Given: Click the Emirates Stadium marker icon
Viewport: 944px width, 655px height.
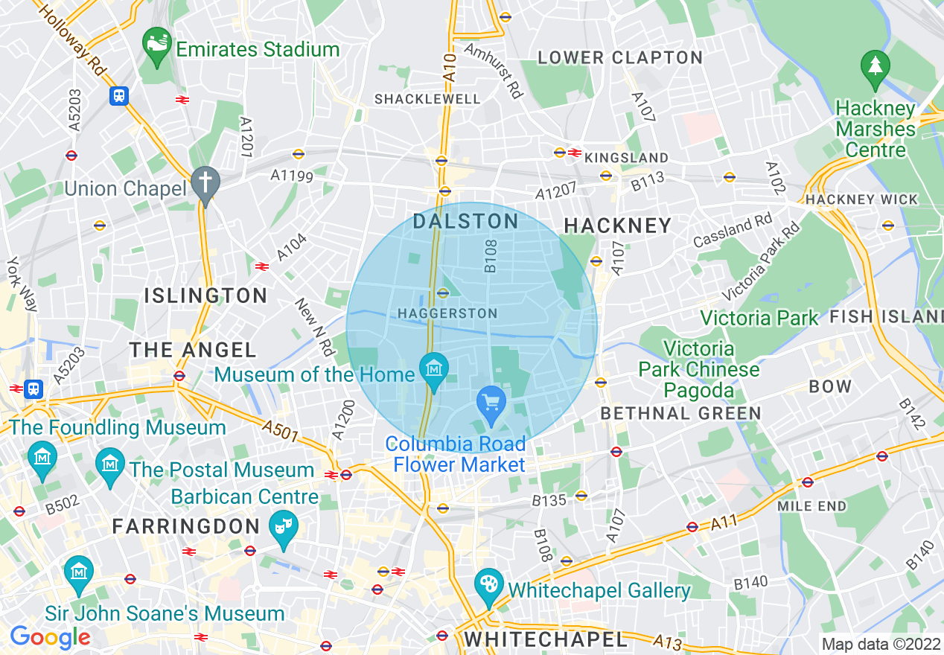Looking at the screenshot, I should pyautogui.click(x=157, y=42).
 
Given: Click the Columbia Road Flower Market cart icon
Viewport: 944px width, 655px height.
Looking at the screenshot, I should pyautogui.click(x=491, y=403).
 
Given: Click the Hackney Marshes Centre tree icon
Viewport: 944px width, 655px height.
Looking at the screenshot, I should pyautogui.click(x=876, y=67).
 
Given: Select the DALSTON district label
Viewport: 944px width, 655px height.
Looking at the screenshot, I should pyautogui.click(x=466, y=221).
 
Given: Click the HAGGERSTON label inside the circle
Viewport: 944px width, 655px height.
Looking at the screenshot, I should pyautogui.click(x=447, y=314).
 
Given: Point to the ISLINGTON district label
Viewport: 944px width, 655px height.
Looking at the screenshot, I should pyautogui.click(x=205, y=295).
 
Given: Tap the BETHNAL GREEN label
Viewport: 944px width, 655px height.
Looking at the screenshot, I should pyautogui.click(x=680, y=413).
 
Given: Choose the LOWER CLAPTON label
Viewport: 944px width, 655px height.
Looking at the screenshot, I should pyautogui.click(x=620, y=57).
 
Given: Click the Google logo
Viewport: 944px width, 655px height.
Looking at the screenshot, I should pyautogui.click(x=50, y=636).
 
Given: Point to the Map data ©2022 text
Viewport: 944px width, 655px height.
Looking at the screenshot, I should pyautogui.click(x=879, y=644).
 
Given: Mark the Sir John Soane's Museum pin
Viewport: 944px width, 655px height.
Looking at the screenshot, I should pyautogui.click(x=78, y=572).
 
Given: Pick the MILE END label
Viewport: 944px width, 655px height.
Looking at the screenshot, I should pyautogui.click(x=811, y=506).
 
